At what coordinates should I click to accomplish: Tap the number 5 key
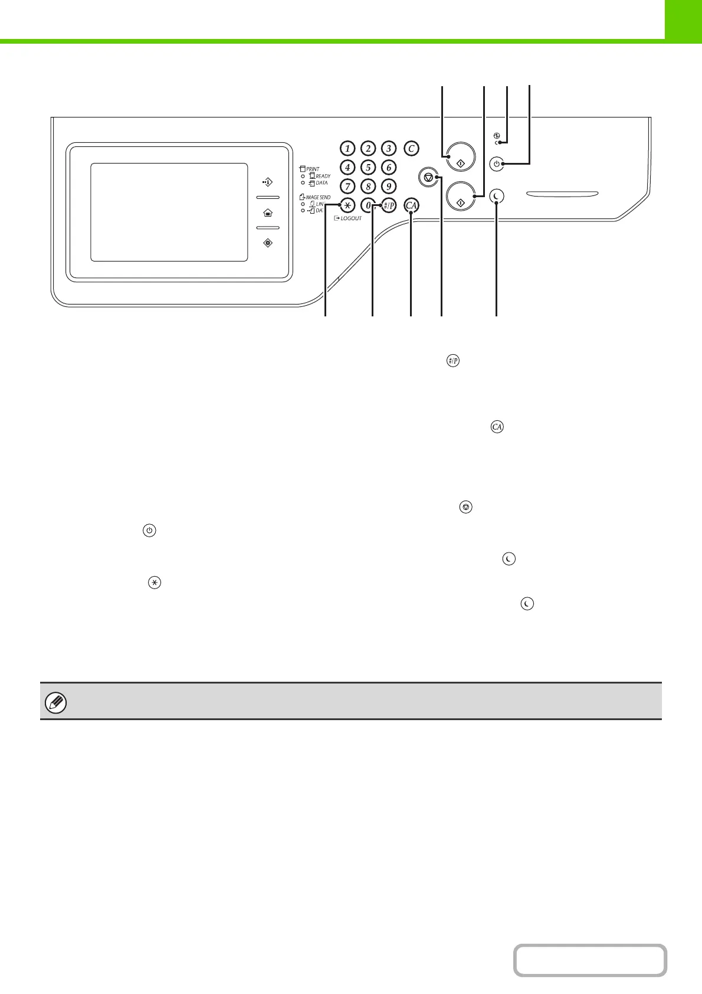click(x=368, y=168)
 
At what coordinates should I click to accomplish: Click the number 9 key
click(x=388, y=187)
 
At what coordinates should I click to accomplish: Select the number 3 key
click(x=388, y=148)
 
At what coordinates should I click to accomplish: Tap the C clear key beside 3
click(x=411, y=148)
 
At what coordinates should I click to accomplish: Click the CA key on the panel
click(x=411, y=205)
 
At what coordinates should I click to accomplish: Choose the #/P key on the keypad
click(x=388, y=205)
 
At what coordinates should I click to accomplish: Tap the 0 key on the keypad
click(x=368, y=205)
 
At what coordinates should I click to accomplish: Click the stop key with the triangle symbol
click(x=428, y=176)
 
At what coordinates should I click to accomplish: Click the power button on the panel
click(x=497, y=164)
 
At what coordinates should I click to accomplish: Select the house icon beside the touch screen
click(x=268, y=212)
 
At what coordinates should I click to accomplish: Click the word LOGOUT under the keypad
click(x=351, y=218)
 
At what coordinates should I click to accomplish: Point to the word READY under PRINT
click(x=323, y=176)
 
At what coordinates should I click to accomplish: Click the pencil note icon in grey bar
click(x=56, y=703)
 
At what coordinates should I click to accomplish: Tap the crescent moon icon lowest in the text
click(x=527, y=604)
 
